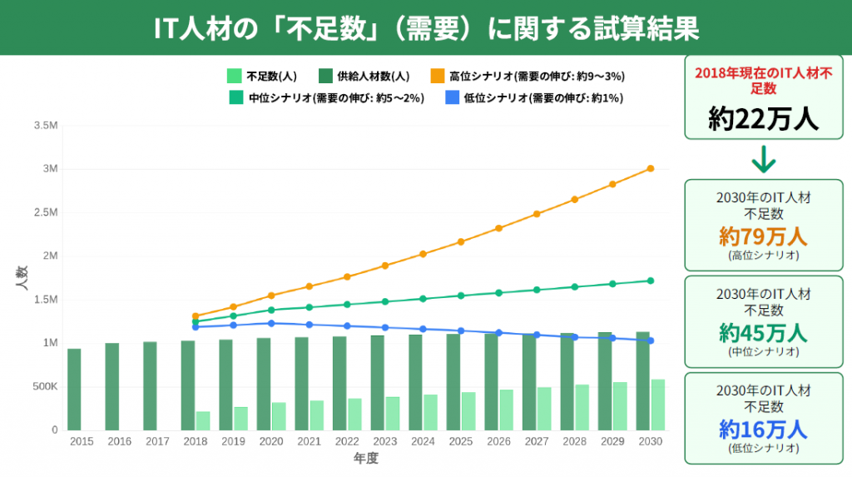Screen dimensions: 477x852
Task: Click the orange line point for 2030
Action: [651, 168]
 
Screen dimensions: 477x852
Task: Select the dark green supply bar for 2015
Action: [74, 390]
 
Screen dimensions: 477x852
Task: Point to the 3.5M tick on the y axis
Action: [46, 126]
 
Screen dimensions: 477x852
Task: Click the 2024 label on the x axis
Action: [422, 441]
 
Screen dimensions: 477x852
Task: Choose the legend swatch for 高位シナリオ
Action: [438, 76]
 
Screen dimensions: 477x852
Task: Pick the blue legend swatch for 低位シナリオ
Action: [453, 97]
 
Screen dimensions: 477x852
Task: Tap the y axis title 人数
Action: [22, 277]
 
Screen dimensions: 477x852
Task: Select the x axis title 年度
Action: [366, 459]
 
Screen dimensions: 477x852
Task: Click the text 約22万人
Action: [764, 120]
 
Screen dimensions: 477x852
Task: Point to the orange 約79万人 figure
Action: [763, 236]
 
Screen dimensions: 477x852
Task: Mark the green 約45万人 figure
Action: [763, 333]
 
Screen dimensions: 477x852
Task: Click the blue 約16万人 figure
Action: [763, 430]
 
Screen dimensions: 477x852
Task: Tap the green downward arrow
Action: [763, 159]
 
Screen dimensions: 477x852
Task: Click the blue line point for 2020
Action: [271, 323]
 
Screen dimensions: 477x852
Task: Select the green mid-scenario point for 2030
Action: [651, 281]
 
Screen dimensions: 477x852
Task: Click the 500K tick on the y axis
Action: [45, 387]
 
